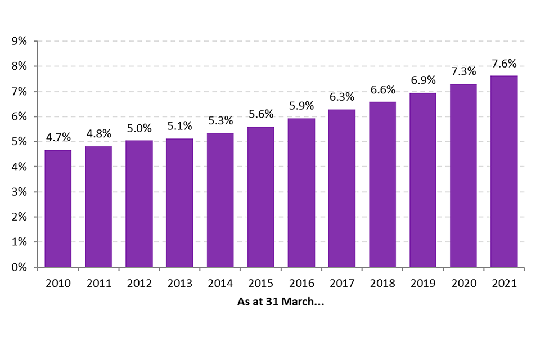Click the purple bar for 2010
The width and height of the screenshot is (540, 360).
pyautogui.click(x=58, y=208)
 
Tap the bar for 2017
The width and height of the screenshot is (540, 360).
pyautogui.click(x=341, y=188)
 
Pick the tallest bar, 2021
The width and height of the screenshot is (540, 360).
pyautogui.click(x=504, y=171)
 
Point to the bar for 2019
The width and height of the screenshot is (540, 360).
pyautogui.click(x=422, y=179)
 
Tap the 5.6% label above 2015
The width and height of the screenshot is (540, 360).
pyautogui.click(x=260, y=114)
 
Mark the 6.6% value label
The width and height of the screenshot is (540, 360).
pyautogui.click(x=382, y=90)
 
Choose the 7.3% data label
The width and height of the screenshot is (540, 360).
pyautogui.click(x=463, y=71)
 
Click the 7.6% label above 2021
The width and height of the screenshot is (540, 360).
pyautogui.click(x=504, y=63)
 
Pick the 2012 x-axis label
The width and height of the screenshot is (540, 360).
pyautogui.click(x=139, y=283)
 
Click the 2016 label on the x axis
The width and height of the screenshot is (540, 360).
pyautogui.click(x=301, y=283)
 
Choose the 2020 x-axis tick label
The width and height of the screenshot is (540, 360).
pyautogui.click(x=463, y=283)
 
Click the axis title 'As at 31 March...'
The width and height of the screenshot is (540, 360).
pyautogui.click(x=281, y=302)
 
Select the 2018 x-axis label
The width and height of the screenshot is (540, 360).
pyautogui.click(x=382, y=283)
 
